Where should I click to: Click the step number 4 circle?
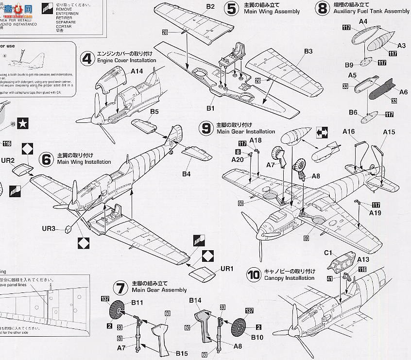(88, 58)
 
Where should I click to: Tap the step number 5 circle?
(231, 8)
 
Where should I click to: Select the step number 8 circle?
(322, 8)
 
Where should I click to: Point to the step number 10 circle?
(254, 275)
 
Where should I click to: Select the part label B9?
(349, 65)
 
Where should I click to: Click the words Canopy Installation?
(290, 278)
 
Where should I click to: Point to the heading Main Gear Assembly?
(159, 290)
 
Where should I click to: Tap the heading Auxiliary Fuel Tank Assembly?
(372, 11)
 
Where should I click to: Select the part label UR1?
(227, 269)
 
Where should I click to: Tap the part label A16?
(349, 132)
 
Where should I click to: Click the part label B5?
(154, 112)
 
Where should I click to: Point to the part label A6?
(403, 92)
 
